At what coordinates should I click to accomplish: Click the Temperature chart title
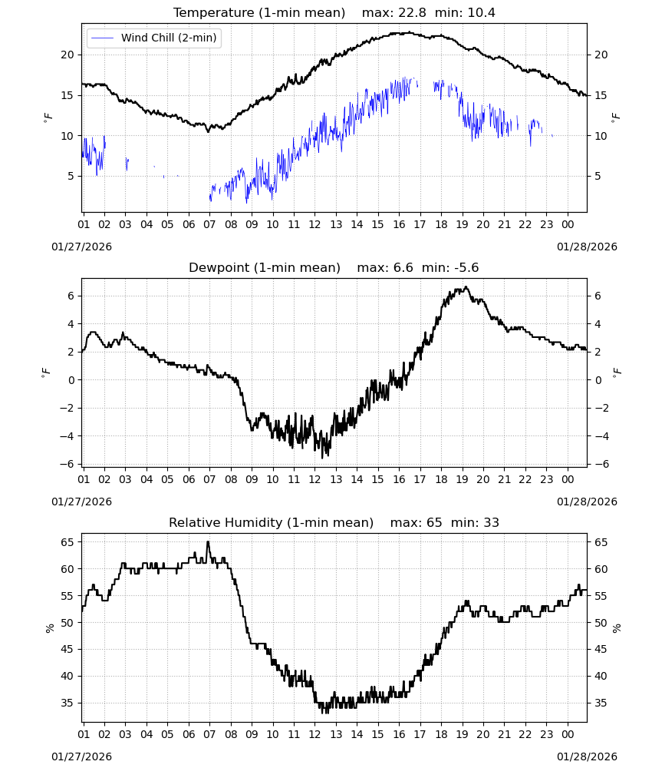259,13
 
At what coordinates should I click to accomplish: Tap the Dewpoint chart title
265,268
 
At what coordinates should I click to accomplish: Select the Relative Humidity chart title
271,522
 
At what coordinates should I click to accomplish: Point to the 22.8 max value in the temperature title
413,13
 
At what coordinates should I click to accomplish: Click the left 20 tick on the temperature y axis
67,55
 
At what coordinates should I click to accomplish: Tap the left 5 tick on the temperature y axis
71,177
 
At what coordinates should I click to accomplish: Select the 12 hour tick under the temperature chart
314,224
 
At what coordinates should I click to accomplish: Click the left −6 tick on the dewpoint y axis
67,464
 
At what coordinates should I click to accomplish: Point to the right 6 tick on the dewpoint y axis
598,296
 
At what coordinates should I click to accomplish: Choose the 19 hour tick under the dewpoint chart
463,479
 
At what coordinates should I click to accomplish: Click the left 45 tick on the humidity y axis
67,650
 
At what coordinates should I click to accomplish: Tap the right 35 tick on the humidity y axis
601,703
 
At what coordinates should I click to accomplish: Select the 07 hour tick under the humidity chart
209,734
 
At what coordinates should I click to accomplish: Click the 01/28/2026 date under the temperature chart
587,247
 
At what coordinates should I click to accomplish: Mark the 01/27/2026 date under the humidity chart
81,756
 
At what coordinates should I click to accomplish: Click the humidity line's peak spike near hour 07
208,541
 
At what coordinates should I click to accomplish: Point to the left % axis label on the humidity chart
49,628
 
